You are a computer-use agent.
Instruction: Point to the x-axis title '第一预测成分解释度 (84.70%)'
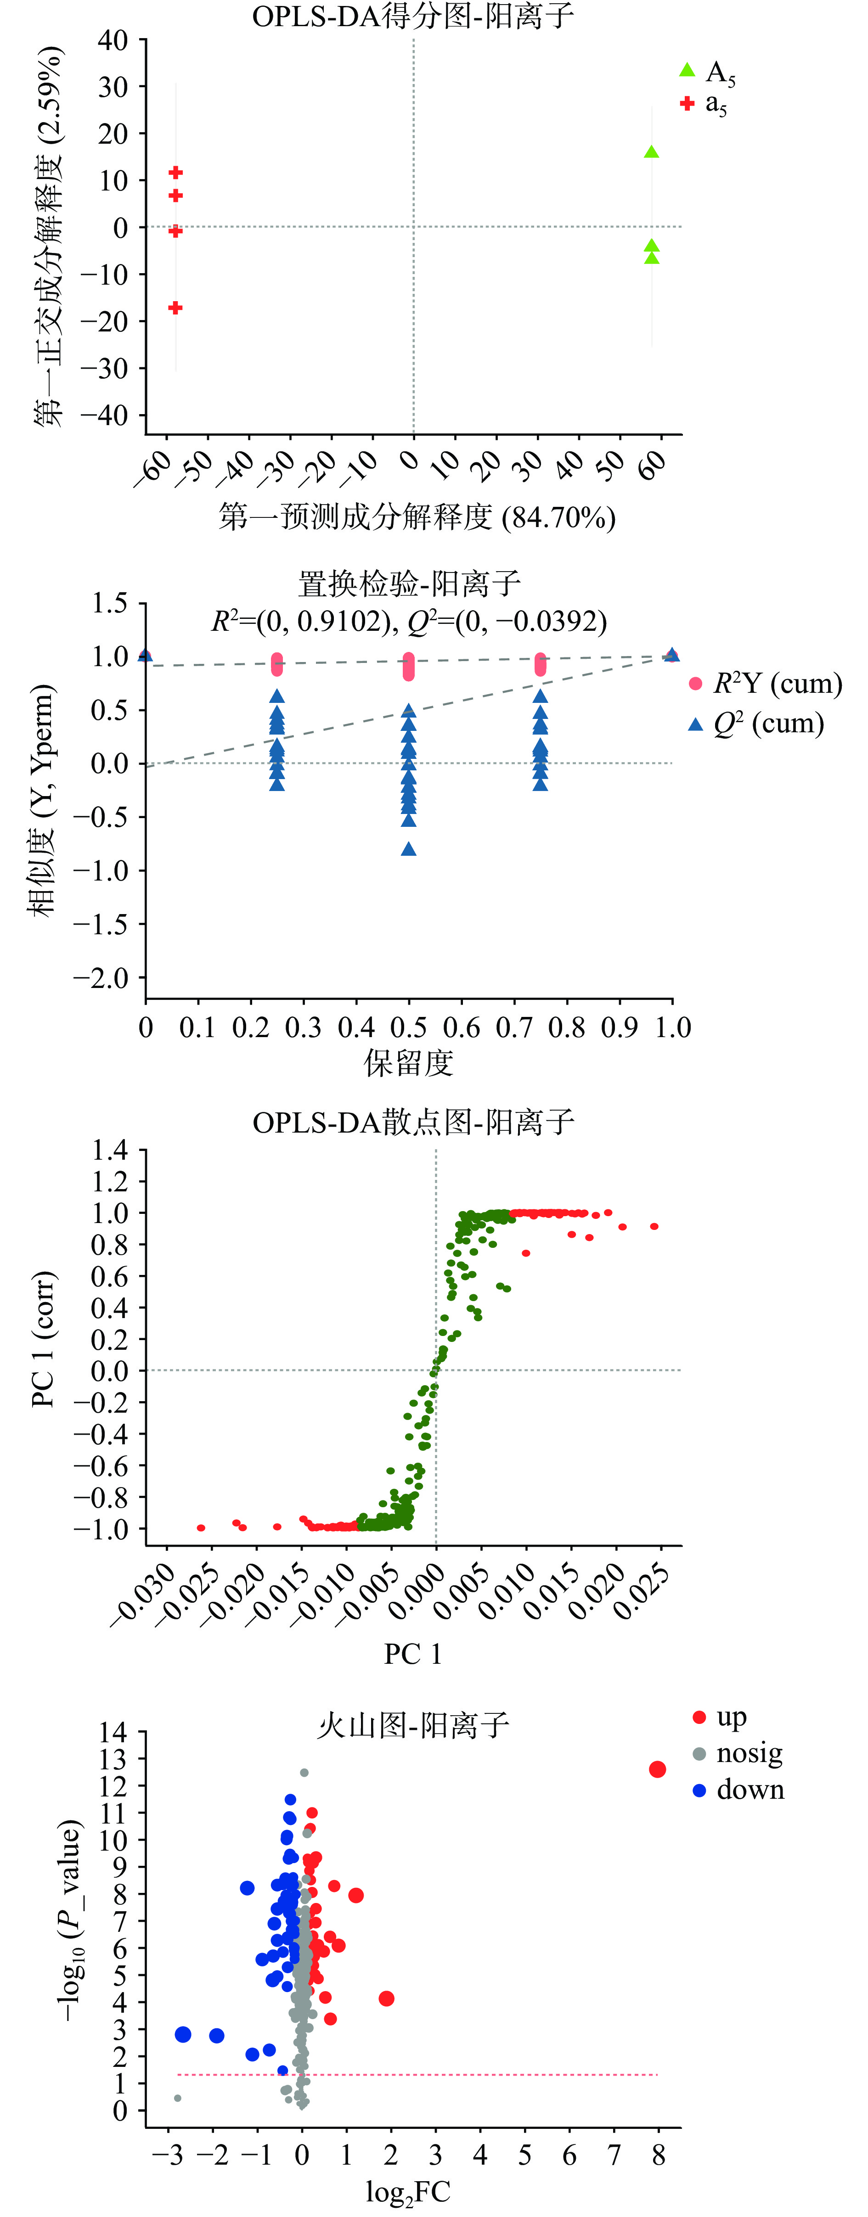point(417,517)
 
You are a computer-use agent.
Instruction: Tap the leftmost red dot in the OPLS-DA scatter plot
point(201,1527)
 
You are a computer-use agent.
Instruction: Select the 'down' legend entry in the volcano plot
point(739,1790)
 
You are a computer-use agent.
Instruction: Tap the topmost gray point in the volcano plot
point(304,1773)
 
